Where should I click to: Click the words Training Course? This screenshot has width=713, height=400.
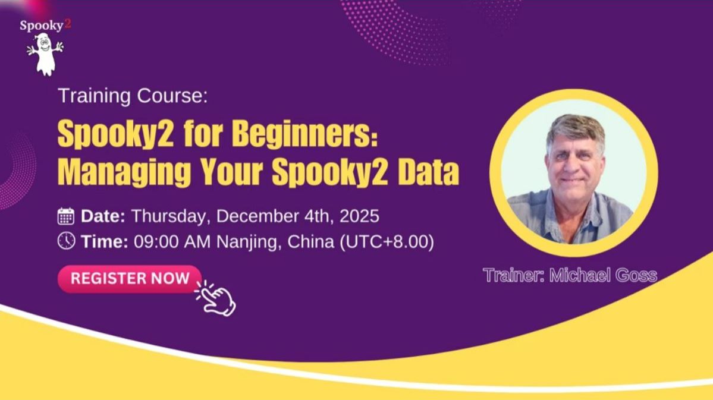pyautogui.click(x=132, y=96)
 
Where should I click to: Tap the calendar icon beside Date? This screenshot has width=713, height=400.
pyautogui.click(x=66, y=216)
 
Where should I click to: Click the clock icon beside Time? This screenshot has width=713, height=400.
pyautogui.click(x=66, y=241)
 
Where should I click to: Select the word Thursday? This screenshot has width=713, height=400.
pyautogui.click(x=169, y=215)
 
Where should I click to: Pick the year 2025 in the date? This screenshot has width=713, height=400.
pyautogui.click(x=359, y=215)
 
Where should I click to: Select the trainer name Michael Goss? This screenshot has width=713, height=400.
pyautogui.click(x=604, y=275)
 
